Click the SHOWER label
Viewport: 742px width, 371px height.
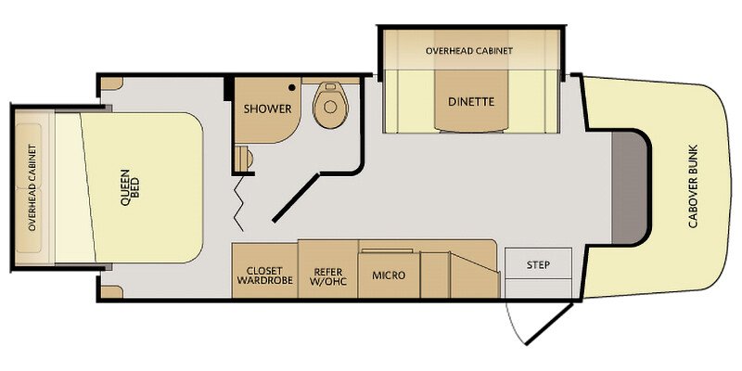(x=267, y=109)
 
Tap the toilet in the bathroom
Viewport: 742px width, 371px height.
(x=331, y=105)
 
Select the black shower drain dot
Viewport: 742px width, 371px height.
(x=292, y=87)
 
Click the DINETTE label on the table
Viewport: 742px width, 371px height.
(x=471, y=101)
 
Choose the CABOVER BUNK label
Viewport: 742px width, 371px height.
(x=693, y=186)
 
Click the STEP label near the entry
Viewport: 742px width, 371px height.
(x=538, y=264)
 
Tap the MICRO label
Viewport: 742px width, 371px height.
(x=389, y=275)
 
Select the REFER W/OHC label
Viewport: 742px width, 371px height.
(x=327, y=275)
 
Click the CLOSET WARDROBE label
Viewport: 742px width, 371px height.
(x=265, y=275)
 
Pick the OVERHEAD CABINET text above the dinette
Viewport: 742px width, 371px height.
(x=469, y=51)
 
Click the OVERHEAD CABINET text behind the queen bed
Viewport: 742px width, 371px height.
(x=32, y=187)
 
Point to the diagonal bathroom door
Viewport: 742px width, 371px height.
(x=296, y=198)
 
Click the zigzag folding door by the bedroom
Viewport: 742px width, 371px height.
(x=239, y=202)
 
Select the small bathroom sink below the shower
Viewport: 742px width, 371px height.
(x=243, y=158)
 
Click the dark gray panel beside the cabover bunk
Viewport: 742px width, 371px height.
(x=630, y=187)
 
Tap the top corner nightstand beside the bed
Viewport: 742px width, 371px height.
(x=111, y=83)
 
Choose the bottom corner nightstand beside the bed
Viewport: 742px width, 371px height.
(x=111, y=292)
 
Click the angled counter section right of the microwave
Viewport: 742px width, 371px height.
(x=475, y=275)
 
